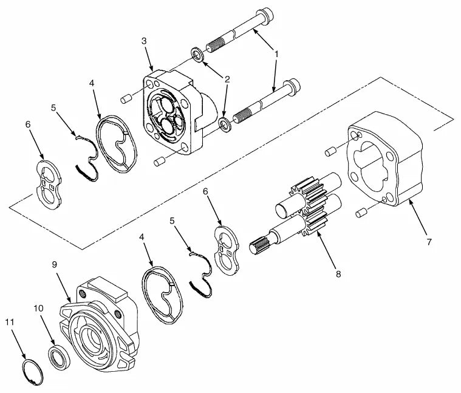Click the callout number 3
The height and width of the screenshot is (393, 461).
point(144,41)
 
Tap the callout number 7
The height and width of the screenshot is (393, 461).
point(429,242)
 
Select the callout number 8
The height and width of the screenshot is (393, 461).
point(338,274)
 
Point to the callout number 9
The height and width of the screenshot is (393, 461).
point(55,265)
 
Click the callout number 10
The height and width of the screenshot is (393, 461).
point(38,309)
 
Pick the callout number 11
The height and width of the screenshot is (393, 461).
point(10,322)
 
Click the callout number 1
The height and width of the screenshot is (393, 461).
point(276,54)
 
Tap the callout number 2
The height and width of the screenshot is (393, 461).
point(227,79)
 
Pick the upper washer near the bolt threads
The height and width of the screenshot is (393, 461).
point(197,54)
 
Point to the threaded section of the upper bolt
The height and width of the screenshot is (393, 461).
point(217,46)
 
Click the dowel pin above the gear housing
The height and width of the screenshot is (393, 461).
point(331,151)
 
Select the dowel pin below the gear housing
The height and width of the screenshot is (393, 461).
point(361,213)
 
